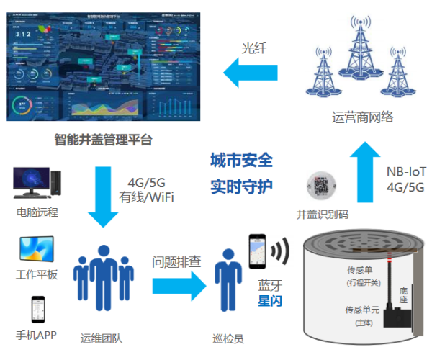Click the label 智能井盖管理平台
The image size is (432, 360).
pos(104,140)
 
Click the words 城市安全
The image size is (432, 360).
pos(241,161)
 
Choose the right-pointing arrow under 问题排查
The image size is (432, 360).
pos(176,285)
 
